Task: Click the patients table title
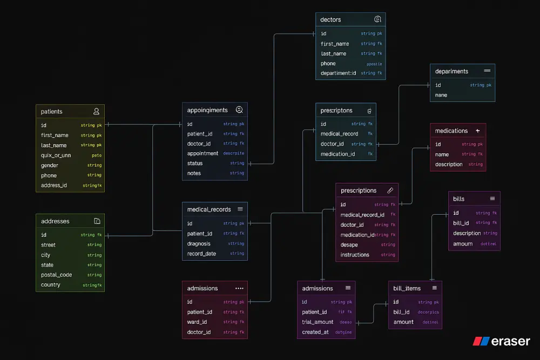pos(52,112)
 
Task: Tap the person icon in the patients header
pos(96,112)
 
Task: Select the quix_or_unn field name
pos(56,155)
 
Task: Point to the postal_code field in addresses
pos(56,275)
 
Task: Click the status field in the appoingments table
pos(195,164)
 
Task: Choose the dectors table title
pos(330,20)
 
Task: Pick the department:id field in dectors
pos(339,73)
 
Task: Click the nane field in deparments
pos(441,95)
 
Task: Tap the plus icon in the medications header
pos(477,131)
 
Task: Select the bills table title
pos(459,199)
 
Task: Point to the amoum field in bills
pos(463,244)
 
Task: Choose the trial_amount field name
pos(318,322)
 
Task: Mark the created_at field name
pos(315,332)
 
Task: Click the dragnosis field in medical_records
pos(199,244)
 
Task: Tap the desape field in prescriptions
pos(349,245)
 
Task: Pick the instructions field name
pos(355,255)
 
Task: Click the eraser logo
pos(502,341)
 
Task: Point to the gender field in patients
pos(50,166)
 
